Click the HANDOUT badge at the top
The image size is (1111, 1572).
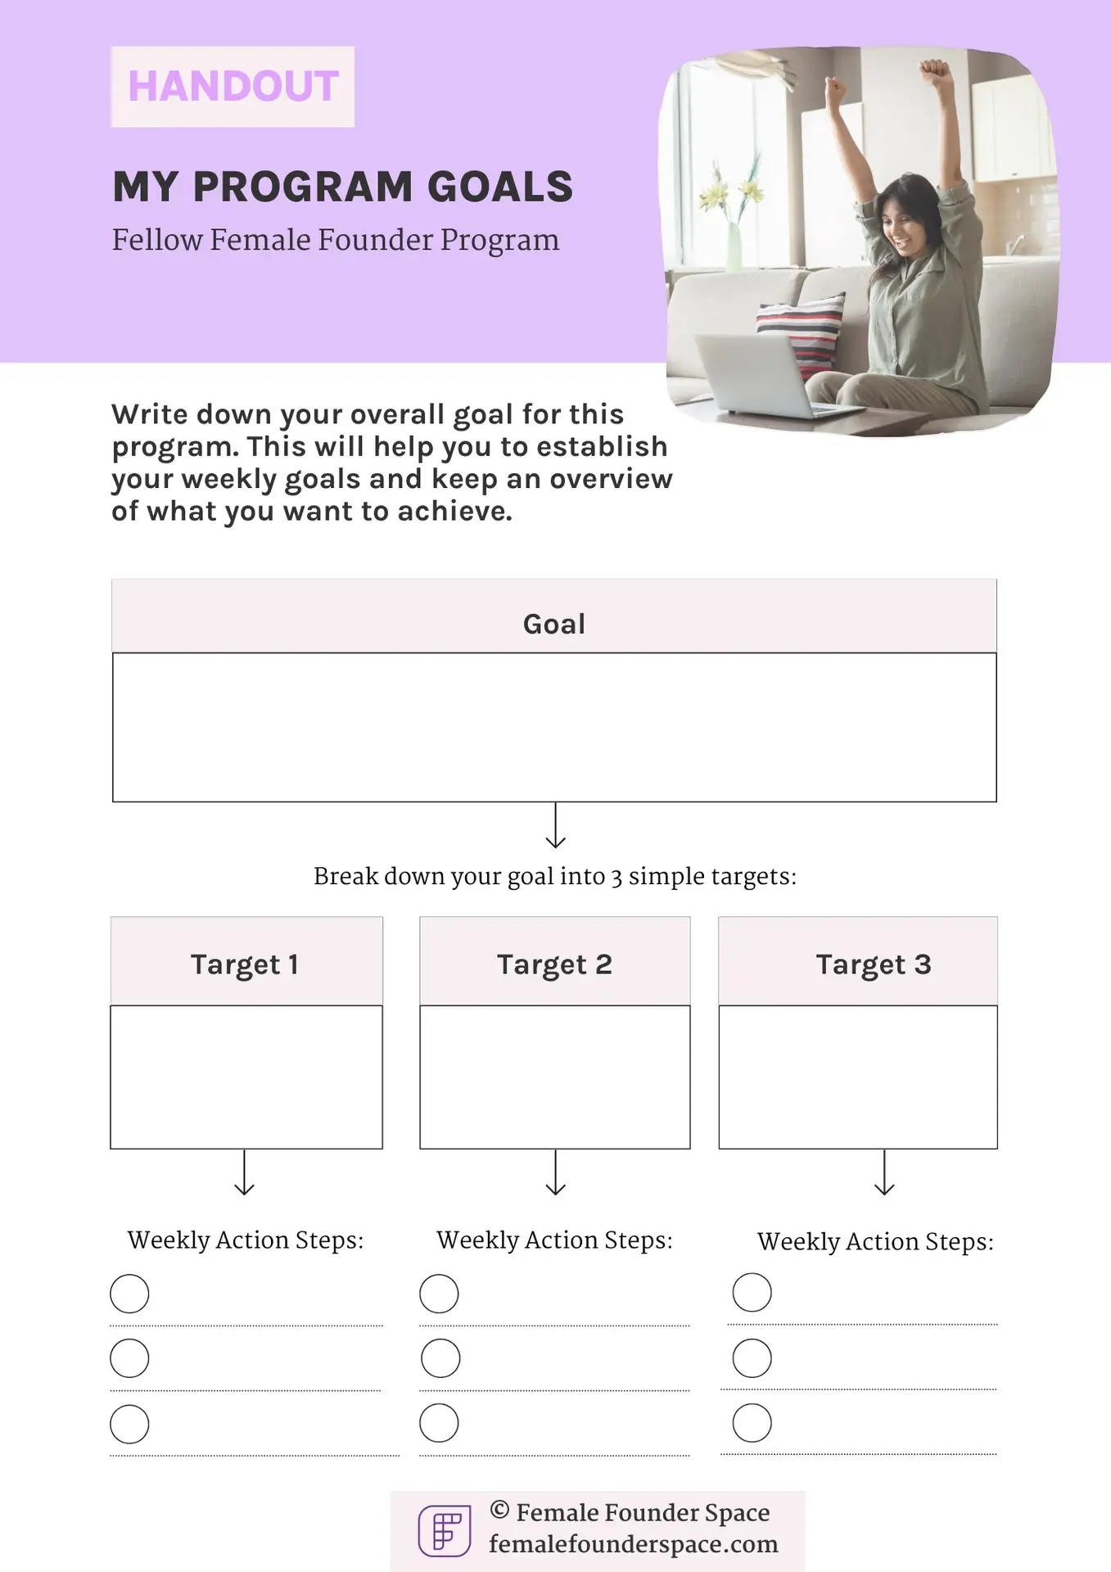(233, 86)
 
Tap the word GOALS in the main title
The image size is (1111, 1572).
(500, 187)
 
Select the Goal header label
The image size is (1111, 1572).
(554, 624)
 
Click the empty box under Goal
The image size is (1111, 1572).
(554, 727)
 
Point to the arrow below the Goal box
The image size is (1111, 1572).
(556, 825)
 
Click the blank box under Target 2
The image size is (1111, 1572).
(555, 1077)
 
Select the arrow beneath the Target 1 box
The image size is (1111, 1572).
(245, 1172)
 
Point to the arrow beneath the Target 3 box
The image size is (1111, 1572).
(884, 1172)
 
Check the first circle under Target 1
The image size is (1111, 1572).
(129, 1294)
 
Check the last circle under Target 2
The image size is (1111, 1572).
(439, 1423)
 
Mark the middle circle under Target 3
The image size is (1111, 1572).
(752, 1358)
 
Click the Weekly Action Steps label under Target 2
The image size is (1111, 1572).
(555, 1240)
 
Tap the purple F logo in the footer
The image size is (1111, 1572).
(445, 1530)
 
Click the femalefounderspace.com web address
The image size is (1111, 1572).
(634, 1544)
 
